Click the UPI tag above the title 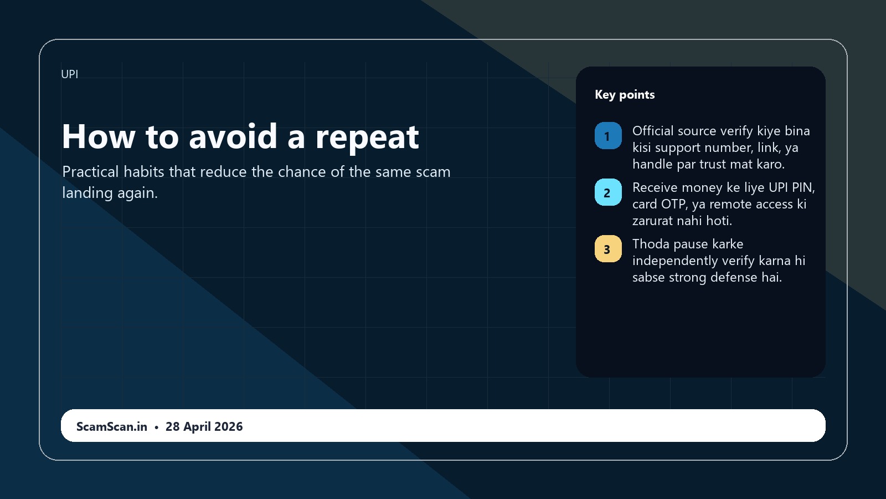click(70, 74)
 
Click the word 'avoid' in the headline click(233, 136)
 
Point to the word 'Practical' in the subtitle click(91, 172)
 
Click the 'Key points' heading click(625, 95)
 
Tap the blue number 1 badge click(609, 136)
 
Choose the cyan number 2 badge click(609, 192)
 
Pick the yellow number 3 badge click(609, 249)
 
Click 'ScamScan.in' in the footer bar click(111, 426)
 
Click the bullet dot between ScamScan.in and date click(156, 427)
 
